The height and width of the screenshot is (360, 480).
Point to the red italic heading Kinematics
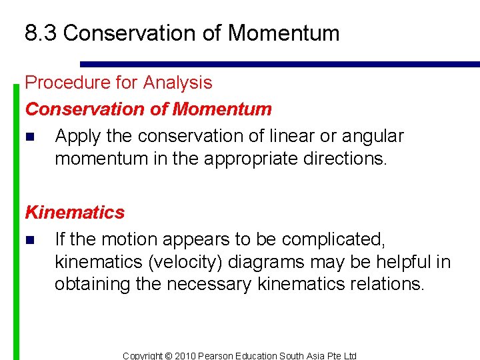click(x=75, y=213)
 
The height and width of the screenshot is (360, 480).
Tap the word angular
click(x=373, y=136)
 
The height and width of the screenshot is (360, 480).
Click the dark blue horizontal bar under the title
click(x=280, y=65)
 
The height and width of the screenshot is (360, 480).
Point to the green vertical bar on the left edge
click(x=17, y=220)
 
